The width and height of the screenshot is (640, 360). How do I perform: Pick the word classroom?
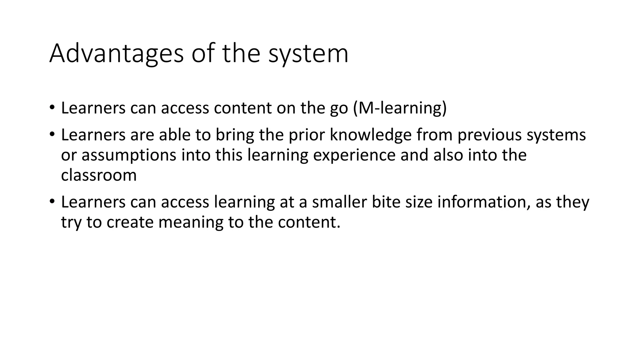(x=99, y=175)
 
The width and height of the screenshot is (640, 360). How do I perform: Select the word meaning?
(x=191, y=222)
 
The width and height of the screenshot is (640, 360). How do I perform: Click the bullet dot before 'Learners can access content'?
(x=52, y=107)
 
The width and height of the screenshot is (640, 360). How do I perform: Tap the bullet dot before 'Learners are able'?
(x=52, y=135)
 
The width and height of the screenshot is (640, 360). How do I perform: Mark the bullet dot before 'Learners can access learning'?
(x=52, y=202)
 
